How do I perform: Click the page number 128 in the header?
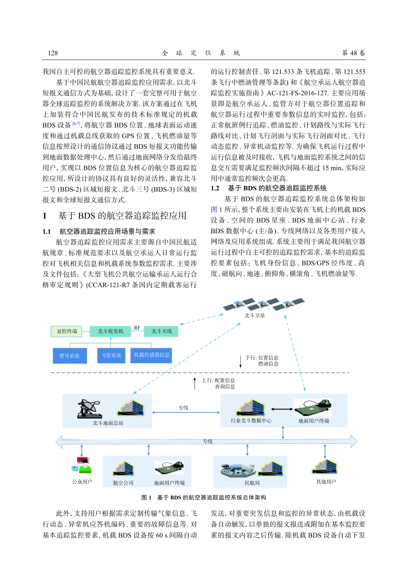tap(53, 53)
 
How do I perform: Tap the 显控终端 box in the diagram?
tap(67, 331)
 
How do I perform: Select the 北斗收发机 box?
tap(110, 331)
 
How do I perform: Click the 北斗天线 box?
tap(161, 331)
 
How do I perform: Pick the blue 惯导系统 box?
tap(69, 355)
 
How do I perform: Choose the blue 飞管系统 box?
tap(111, 355)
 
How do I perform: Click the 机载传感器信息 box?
tap(152, 355)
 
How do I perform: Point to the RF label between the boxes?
tap(137, 328)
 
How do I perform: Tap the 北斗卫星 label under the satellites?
tap(255, 316)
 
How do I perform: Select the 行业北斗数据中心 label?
tap(251, 421)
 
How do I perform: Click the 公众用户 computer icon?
tap(82, 465)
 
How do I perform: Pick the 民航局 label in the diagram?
tap(252, 483)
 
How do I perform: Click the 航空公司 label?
tap(123, 483)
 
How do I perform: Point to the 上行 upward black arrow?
tap(195, 383)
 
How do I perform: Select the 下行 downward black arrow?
tap(241, 361)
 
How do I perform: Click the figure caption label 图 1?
tap(146, 498)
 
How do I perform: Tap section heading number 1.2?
tap(215, 188)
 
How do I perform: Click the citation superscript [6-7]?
tap(76, 124)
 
